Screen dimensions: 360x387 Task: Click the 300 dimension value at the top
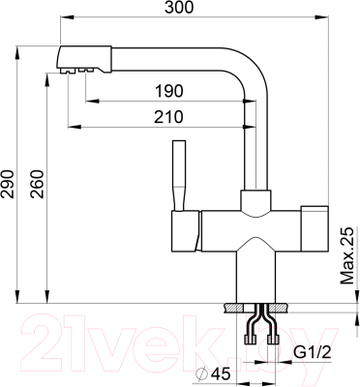click(x=179, y=8)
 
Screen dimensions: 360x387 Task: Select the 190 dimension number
click(x=168, y=91)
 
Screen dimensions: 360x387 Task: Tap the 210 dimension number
click(x=168, y=117)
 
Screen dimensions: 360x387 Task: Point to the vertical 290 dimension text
click(x=8, y=184)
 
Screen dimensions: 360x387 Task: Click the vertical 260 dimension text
click(x=37, y=184)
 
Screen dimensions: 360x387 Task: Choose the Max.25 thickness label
click(x=347, y=255)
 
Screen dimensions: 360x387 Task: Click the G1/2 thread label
click(x=313, y=352)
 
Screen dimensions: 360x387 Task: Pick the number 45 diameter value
click(x=222, y=374)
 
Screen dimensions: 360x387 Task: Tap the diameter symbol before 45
click(x=202, y=374)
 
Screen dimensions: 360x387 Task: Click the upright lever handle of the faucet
click(x=178, y=176)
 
